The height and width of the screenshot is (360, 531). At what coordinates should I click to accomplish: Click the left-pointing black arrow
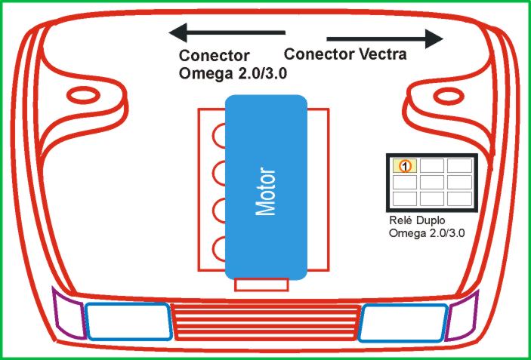point(226,32)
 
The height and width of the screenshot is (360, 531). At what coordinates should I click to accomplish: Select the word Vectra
point(381,54)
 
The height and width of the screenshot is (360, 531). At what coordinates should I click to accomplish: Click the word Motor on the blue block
point(266,191)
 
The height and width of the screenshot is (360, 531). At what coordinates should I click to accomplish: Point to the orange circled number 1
point(405,165)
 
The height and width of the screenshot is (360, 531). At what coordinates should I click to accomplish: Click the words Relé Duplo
point(418,221)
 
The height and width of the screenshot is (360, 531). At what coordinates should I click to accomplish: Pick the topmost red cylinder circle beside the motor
point(221,136)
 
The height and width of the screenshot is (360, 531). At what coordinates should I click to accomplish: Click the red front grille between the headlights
point(265,322)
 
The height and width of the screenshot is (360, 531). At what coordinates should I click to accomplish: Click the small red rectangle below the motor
point(261,285)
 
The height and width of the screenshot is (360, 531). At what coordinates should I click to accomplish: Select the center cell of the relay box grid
point(431,182)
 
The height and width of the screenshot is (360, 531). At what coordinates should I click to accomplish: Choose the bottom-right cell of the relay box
point(458,198)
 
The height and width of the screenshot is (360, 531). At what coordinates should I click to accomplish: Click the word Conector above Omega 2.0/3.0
point(214,57)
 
